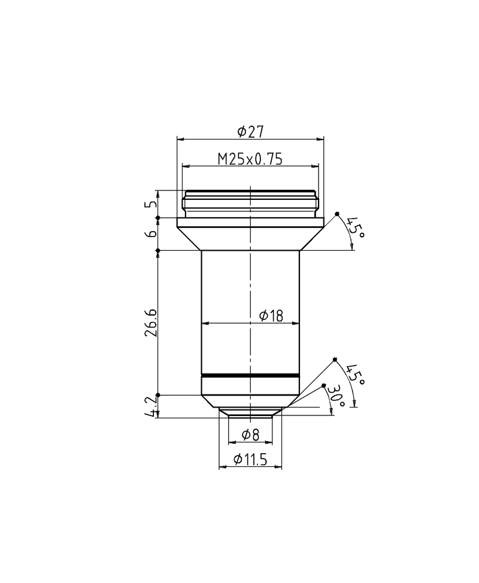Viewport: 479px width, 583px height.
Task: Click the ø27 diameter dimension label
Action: click(251, 130)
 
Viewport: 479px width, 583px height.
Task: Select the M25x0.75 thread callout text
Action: click(250, 159)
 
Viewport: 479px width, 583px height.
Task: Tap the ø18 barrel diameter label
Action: click(271, 315)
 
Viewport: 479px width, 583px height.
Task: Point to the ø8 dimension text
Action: click(251, 435)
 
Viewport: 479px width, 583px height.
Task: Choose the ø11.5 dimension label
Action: click(250, 459)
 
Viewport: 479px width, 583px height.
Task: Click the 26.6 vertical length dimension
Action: click(151, 323)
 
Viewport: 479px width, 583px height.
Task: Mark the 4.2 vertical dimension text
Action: click(151, 406)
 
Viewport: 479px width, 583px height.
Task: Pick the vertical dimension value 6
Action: click(151, 234)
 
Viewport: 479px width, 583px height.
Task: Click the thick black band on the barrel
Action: click(250, 375)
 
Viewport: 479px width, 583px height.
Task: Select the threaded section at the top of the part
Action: click(250, 204)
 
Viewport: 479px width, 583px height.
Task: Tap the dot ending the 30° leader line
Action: click(324, 385)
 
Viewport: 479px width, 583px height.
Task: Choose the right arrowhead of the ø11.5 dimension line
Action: click(279, 467)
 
